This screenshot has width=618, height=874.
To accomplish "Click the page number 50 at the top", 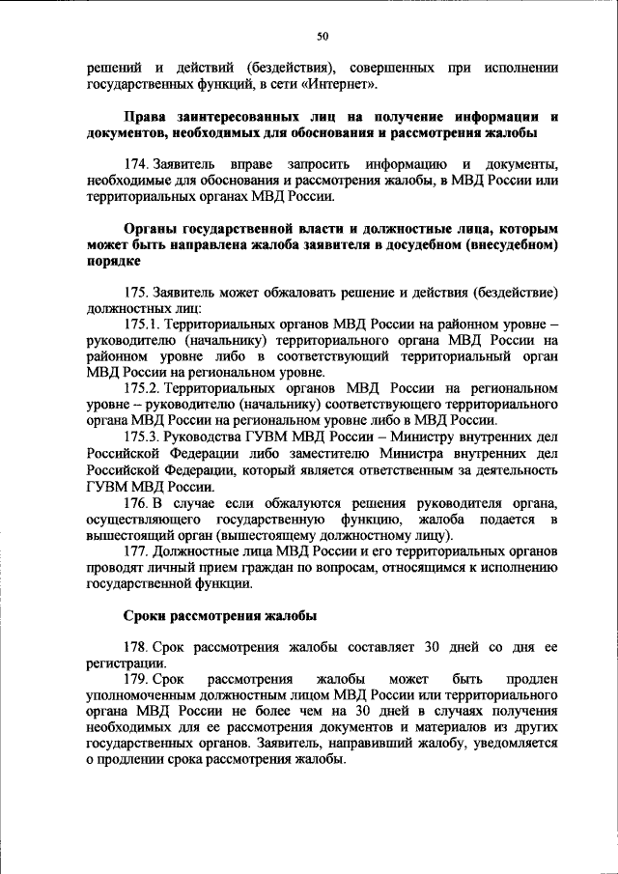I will [323, 37].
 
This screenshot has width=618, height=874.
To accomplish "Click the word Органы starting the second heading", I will [152, 229].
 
